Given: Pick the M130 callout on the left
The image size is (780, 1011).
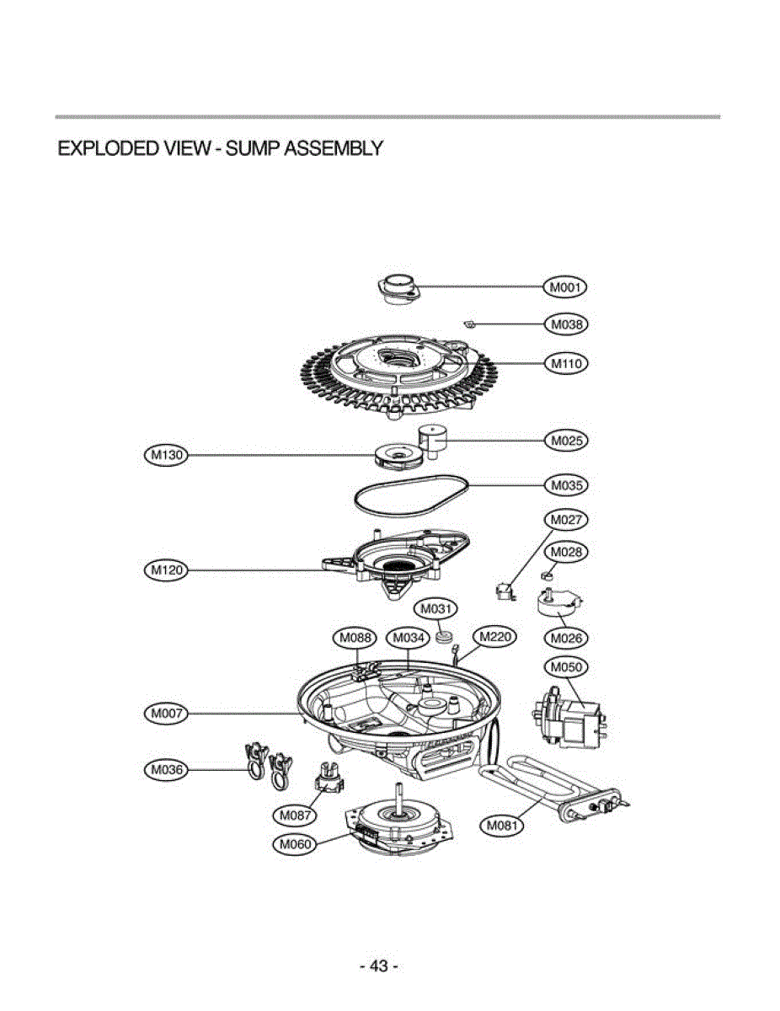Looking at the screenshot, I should [165, 456].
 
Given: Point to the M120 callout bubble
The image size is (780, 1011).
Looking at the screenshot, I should [165, 570].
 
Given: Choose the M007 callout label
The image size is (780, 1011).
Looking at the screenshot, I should [165, 714].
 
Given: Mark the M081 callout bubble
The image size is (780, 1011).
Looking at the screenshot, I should [502, 826].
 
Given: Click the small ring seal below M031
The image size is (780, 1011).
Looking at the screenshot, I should [446, 634].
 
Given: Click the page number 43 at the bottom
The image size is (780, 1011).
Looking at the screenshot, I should [378, 966].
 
